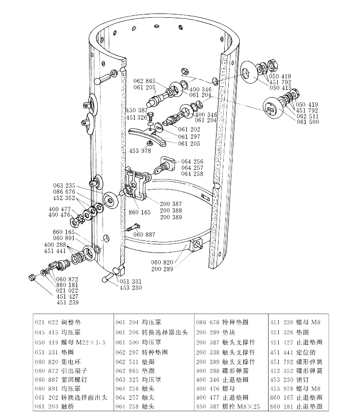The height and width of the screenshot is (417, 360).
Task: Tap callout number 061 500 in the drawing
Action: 308,122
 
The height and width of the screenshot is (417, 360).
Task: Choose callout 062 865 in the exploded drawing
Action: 144,81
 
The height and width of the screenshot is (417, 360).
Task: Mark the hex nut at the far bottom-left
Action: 32,278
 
